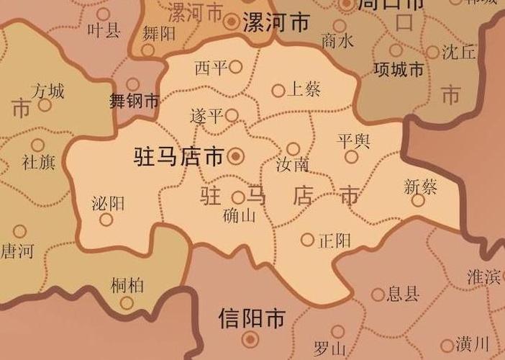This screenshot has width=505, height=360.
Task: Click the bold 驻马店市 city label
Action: click(179, 156)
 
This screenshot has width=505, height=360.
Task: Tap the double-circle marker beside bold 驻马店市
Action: click(235, 156)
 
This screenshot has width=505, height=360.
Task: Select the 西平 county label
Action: click(211, 68)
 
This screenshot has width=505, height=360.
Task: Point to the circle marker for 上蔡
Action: click(278, 91)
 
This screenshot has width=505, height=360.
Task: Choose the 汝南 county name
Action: click(293, 165)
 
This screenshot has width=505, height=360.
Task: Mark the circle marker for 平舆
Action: click(351, 157)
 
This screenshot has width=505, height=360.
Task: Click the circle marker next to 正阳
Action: click(307, 240)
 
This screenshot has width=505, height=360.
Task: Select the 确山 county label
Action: click(240, 215)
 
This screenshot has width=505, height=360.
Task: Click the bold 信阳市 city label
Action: click(251, 318)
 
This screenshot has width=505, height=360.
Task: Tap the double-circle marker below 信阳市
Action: click(250, 338)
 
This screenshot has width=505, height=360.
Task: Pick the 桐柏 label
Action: click(127, 285)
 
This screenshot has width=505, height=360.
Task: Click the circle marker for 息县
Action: click(378, 294)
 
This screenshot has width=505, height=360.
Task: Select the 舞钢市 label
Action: click(133, 101)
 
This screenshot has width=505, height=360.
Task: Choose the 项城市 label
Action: click(399, 70)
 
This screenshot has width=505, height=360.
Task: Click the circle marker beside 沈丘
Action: click(432, 52)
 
